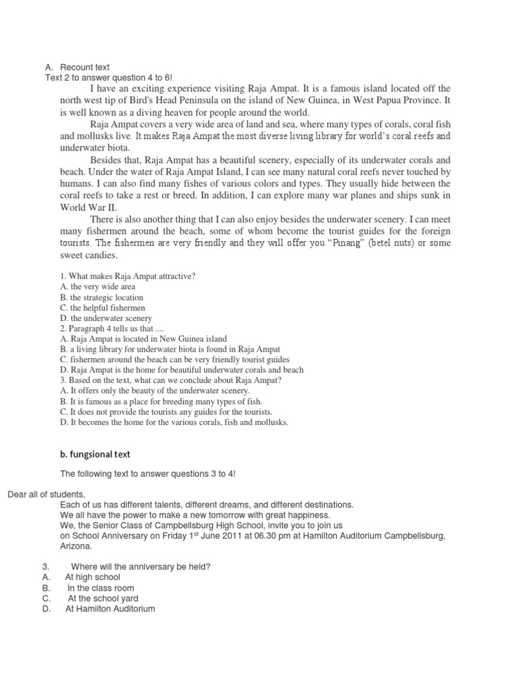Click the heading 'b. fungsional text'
click(x=95, y=454)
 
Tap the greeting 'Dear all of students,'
click(x=47, y=494)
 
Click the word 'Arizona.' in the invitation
click(x=76, y=545)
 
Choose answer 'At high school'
click(x=92, y=577)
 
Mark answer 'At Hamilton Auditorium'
click(x=110, y=609)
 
